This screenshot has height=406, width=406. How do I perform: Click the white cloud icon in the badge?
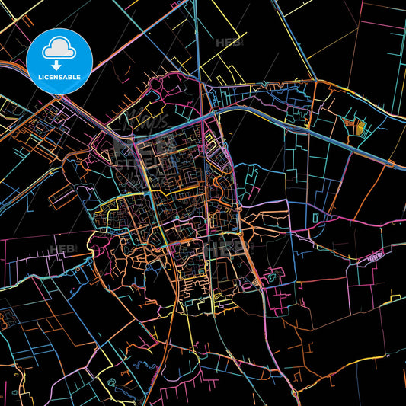pyautogui.click(x=59, y=47)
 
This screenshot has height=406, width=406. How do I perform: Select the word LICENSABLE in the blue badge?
pyautogui.click(x=59, y=77)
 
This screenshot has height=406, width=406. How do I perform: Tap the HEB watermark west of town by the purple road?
pyautogui.click(x=59, y=248)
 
